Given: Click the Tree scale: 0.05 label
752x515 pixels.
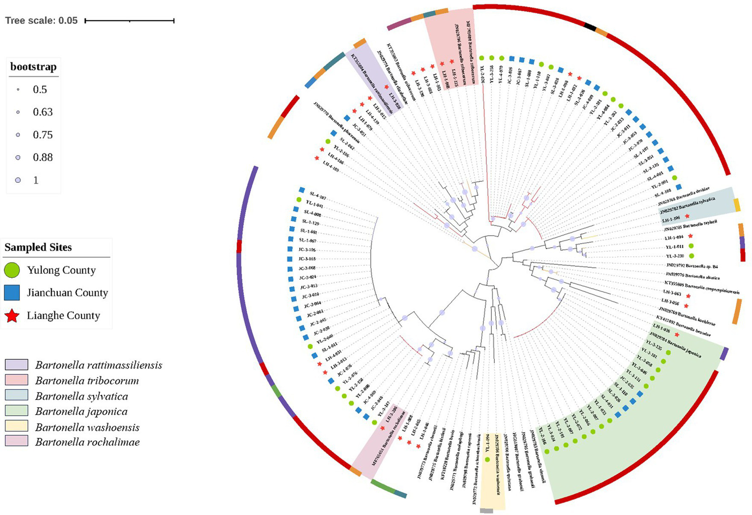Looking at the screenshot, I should pyautogui.click(x=41, y=21).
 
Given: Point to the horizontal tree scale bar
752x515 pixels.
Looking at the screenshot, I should pyautogui.click(x=129, y=21).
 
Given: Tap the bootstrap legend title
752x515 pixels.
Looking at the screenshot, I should pyautogui.click(x=33, y=67).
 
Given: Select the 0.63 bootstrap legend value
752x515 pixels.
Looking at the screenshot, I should pyautogui.click(x=43, y=112).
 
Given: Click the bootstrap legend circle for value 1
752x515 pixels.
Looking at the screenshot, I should pyautogui.click(x=18, y=180).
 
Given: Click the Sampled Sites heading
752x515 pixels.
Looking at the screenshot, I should pyautogui.click(x=38, y=247).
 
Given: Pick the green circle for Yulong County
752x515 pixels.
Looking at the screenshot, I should pyautogui.click(x=12, y=270).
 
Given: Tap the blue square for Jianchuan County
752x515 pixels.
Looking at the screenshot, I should pyautogui.click(x=12, y=293).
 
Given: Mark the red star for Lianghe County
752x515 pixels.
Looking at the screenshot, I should pyautogui.click(x=12, y=316).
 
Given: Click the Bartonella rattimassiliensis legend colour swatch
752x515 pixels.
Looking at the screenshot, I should pyautogui.click(x=19, y=365).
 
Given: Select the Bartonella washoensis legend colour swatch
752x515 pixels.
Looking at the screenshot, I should pyautogui.click(x=19, y=427).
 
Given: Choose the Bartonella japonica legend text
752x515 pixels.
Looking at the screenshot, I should pyautogui.click(x=81, y=412).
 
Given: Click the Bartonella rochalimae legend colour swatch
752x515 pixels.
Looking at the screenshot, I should pyautogui.click(x=19, y=442).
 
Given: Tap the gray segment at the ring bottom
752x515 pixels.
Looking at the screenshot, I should pyautogui.click(x=486, y=511).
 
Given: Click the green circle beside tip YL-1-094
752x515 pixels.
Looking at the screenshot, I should pyautogui.click(x=487, y=460).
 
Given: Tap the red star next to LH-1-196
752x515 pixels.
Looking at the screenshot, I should pyautogui.click(x=687, y=217).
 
